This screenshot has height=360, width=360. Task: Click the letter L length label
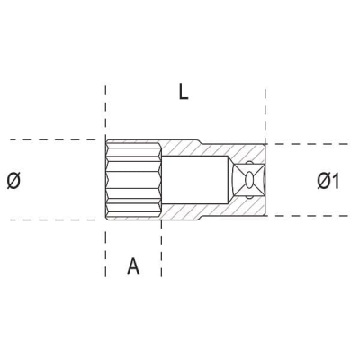point(184,93)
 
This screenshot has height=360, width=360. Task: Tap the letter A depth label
point(133,265)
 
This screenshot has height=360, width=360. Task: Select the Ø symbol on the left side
point(13,181)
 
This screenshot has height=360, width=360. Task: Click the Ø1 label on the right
point(328,181)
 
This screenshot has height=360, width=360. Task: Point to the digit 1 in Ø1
point(336,181)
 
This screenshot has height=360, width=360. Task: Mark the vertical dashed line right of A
point(162,252)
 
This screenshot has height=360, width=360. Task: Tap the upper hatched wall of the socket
point(184,145)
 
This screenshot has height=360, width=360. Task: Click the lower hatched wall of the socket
point(184,215)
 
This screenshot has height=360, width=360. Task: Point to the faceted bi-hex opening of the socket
point(133,180)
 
